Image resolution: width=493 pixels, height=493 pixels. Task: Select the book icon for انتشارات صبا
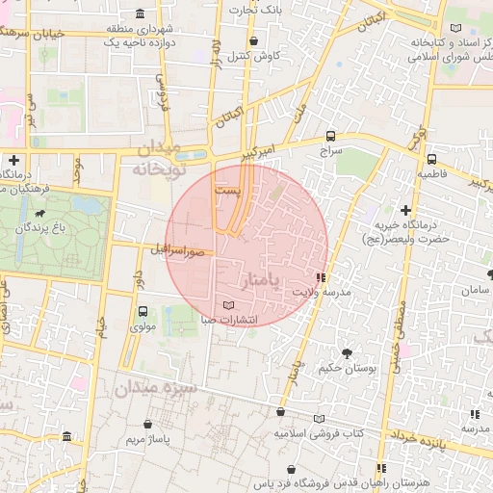[227, 305]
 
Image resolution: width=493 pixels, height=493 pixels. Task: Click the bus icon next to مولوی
[143, 311]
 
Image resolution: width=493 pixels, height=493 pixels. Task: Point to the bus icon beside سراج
[331, 136]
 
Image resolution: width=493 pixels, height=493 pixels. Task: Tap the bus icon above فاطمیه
[431, 159]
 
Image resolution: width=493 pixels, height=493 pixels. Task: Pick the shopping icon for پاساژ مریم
[146, 424]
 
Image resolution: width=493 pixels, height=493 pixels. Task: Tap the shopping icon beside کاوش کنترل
[254, 41]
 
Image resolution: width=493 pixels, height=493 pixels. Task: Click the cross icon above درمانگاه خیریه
[405, 210]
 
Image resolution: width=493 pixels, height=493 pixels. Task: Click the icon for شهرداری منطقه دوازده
[142, 13]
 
